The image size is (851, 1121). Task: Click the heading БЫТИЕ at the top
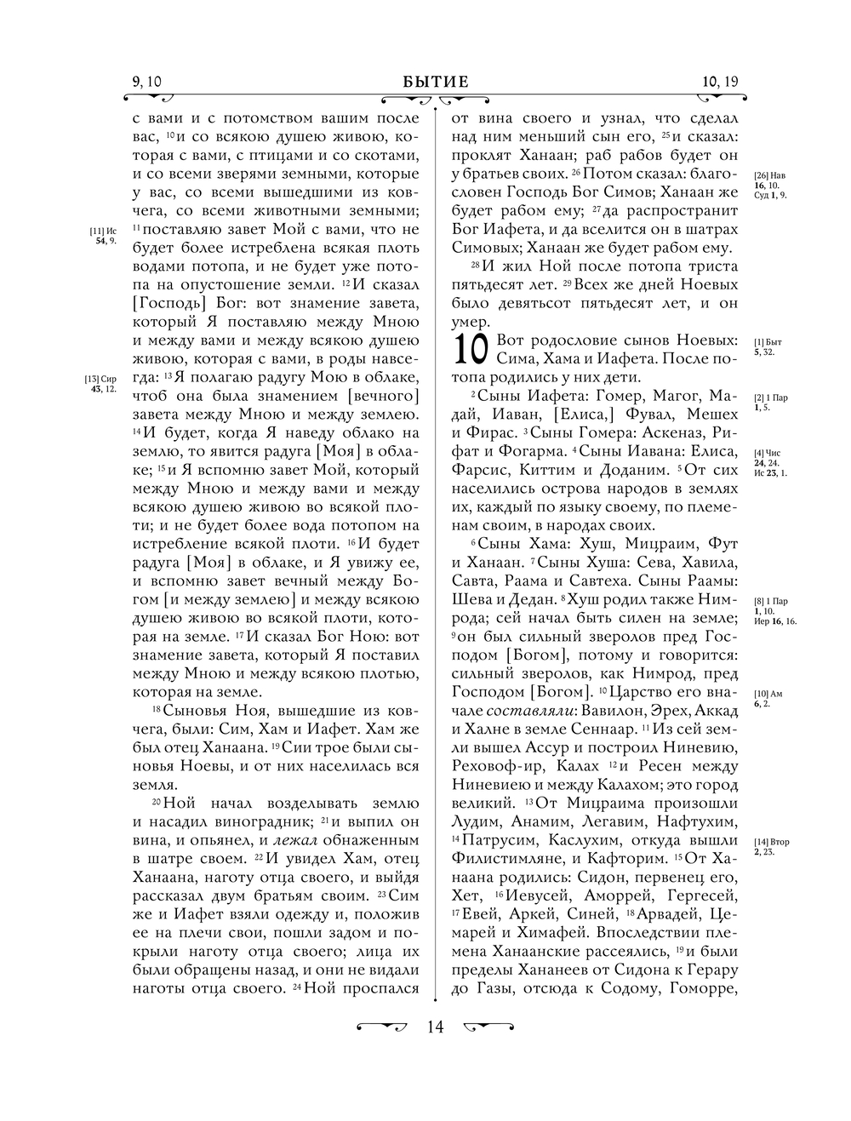(x=436, y=82)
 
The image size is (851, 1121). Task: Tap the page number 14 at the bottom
(x=435, y=1027)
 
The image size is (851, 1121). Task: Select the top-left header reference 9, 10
(x=147, y=82)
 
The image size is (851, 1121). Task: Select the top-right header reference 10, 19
(x=721, y=82)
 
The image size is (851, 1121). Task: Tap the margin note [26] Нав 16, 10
(x=770, y=185)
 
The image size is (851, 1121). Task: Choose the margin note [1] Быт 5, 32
(x=768, y=346)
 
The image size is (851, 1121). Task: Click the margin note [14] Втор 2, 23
(x=772, y=846)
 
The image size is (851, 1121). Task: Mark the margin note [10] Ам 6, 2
(x=768, y=698)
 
